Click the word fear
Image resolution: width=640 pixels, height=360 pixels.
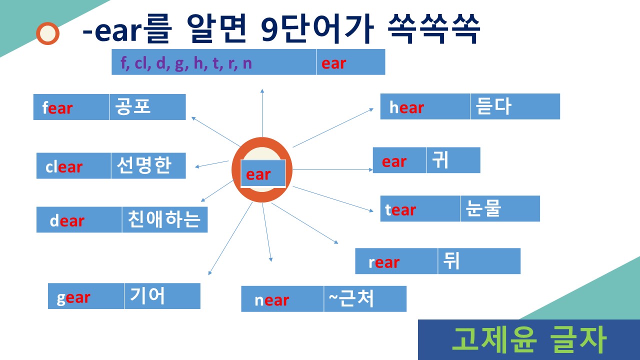tap(57, 108)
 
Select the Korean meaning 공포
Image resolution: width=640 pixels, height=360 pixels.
tap(133, 106)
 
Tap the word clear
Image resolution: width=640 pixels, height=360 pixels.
tap(64, 166)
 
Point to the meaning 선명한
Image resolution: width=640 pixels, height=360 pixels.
tap(144, 165)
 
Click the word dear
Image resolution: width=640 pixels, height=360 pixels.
tap(67, 220)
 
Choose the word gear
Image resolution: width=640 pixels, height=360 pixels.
tap(73, 297)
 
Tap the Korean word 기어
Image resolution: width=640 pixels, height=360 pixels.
tap(147, 295)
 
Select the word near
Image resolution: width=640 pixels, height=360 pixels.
tap(271, 300)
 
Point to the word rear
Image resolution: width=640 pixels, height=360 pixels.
tap(384, 262)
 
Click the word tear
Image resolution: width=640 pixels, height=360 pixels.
tap(400, 210)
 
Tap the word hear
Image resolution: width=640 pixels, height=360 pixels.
tap(406, 107)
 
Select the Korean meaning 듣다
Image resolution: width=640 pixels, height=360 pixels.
tap(494, 106)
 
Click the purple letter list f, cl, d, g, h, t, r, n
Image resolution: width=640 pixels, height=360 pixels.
tap(186, 63)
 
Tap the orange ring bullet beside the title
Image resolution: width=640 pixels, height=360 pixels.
tap(48, 33)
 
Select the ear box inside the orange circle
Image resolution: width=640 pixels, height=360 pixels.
tap(263, 174)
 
